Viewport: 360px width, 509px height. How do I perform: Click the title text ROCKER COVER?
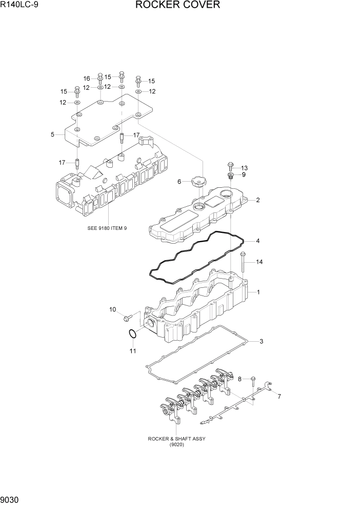click(x=178, y=6)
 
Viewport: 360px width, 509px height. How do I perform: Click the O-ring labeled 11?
click(x=132, y=334)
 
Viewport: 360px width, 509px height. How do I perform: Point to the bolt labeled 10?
click(x=128, y=318)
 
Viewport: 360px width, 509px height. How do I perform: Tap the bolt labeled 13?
click(x=230, y=167)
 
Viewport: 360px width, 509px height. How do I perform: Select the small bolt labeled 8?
click(x=252, y=380)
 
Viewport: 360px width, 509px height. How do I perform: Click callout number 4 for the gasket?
click(x=258, y=241)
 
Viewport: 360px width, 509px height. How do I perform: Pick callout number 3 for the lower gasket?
click(x=261, y=341)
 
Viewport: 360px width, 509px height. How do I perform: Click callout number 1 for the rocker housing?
click(x=258, y=292)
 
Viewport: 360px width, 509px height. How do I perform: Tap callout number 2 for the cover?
click(x=258, y=200)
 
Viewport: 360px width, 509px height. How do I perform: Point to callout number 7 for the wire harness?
click(x=279, y=397)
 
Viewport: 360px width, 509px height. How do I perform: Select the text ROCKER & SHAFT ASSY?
click(x=173, y=439)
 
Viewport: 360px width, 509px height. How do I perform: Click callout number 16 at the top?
click(x=87, y=79)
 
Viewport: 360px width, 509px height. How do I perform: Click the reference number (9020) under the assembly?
click(x=173, y=444)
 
